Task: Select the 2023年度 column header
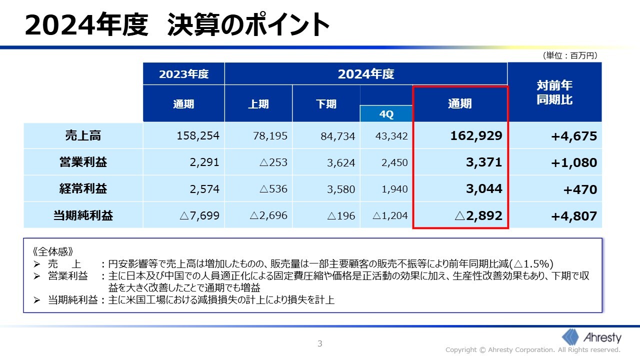pos(183,74)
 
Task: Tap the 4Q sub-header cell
pos(386,114)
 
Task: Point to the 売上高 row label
pos(83,135)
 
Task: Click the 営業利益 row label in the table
pos(83,162)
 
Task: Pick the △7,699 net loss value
pos(199,216)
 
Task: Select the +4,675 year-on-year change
pos(574,136)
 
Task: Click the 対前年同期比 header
pos(554,92)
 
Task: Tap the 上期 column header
pos(258,104)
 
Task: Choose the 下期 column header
pos(326,104)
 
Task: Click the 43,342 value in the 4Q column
pos(391,136)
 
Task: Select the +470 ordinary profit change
pos(580,189)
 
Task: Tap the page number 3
pos(320,343)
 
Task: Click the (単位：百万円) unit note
pos(569,56)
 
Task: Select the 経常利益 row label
pos(83,189)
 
